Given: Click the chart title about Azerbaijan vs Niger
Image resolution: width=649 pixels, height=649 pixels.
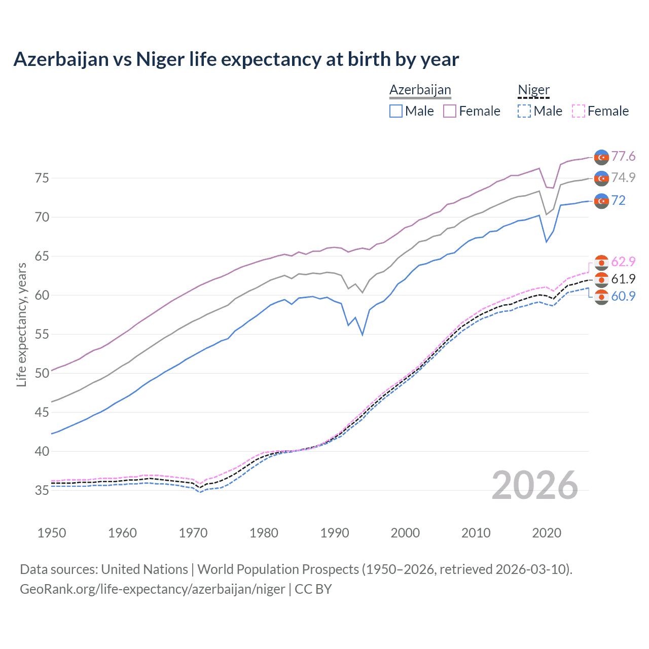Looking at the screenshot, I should pyautogui.click(x=236, y=59).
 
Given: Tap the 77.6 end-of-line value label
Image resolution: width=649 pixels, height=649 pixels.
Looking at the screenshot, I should pyautogui.click(x=623, y=156).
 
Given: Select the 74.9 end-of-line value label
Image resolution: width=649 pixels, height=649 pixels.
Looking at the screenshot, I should pyautogui.click(x=623, y=177).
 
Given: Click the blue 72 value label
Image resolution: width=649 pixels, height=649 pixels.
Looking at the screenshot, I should pyautogui.click(x=618, y=200).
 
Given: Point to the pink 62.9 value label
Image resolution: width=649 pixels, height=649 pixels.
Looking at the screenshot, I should pyautogui.click(x=623, y=262).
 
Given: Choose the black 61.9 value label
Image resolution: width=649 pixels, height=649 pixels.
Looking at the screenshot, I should pyautogui.click(x=623, y=279).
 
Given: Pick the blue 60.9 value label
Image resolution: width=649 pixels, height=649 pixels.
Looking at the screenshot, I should pyautogui.click(x=623, y=296).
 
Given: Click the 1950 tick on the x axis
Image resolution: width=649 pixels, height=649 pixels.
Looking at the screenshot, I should pyautogui.click(x=52, y=533).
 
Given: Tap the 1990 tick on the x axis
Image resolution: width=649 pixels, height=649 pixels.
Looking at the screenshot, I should pyautogui.click(x=335, y=533).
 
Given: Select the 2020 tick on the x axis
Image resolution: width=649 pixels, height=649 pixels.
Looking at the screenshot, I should pyautogui.click(x=547, y=533).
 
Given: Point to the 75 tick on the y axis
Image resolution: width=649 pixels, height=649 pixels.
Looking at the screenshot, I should pyautogui.click(x=42, y=178).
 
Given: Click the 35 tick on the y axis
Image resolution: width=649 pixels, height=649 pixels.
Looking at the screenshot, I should pyautogui.click(x=42, y=490).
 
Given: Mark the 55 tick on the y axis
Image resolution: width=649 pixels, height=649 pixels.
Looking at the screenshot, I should pyautogui.click(x=42, y=334).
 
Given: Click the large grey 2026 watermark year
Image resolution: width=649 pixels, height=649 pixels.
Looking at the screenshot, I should pyautogui.click(x=535, y=485).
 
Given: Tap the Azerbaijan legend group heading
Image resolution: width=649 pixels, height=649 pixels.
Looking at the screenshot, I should pyautogui.click(x=420, y=90).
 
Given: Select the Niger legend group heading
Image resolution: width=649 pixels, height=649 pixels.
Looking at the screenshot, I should pyautogui.click(x=533, y=90).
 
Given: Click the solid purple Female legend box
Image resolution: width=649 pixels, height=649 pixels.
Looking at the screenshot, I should pyautogui.click(x=450, y=111).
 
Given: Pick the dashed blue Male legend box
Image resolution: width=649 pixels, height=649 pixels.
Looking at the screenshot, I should pyautogui.click(x=524, y=111).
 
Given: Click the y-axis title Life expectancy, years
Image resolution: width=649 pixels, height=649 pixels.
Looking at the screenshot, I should pyautogui.click(x=21, y=324).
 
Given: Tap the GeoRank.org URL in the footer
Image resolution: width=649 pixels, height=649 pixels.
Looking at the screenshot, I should pyautogui.click(x=152, y=589).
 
